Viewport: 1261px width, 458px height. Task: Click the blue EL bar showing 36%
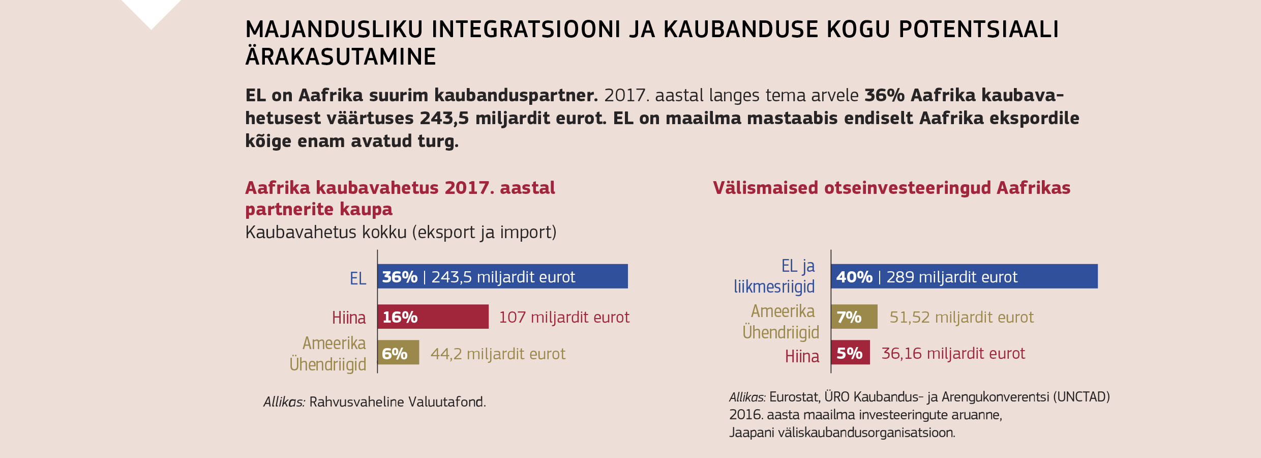click(502, 276)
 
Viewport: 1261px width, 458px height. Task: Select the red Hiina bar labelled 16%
click(433, 317)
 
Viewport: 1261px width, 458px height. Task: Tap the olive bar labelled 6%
click(398, 352)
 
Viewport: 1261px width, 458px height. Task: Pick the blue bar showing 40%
click(964, 276)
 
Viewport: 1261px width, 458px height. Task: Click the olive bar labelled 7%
click(854, 317)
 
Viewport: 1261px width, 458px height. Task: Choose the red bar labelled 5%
click(850, 352)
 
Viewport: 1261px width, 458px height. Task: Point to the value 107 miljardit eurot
click(564, 317)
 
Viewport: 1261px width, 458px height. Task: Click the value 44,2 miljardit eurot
click(498, 354)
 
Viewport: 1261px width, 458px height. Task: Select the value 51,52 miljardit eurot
click(961, 317)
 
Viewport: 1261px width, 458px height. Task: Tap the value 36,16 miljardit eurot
click(953, 353)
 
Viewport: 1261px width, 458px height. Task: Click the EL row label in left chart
click(357, 278)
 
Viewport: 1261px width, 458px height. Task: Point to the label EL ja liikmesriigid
click(774, 276)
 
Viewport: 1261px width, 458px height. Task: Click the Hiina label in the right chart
click(802, 356)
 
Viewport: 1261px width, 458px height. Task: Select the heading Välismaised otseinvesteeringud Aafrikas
click(891, 188)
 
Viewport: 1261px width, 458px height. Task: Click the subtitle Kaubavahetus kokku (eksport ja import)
click(401, 232)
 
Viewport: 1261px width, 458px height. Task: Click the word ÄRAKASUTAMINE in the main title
click(341, 56)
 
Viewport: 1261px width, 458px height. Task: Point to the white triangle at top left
click(151, 10)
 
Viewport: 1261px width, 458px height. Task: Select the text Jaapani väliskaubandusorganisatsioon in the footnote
click(842, 433)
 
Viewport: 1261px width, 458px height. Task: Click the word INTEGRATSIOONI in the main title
click(526, 30)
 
